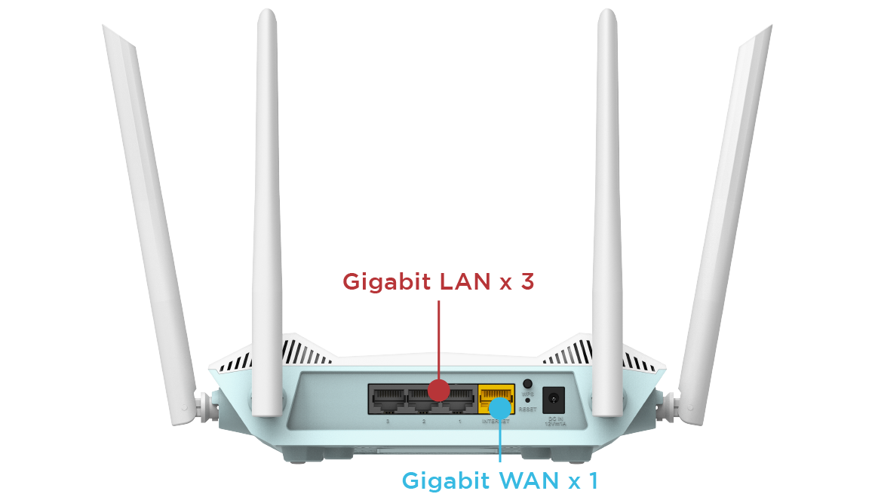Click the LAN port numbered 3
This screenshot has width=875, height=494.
[x=388, y=399]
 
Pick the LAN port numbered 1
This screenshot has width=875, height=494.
[x=459, y=399]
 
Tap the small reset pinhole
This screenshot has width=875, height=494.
[x=527, y=400]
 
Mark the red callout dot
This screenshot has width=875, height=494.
[x=438, y=390]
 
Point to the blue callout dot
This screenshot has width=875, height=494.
[x=499, y=408]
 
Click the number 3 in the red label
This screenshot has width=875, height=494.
[x=528, y=282]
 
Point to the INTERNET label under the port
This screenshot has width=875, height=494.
[x=495, y=421]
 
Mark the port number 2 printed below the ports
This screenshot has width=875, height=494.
[x=424, y=421]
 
